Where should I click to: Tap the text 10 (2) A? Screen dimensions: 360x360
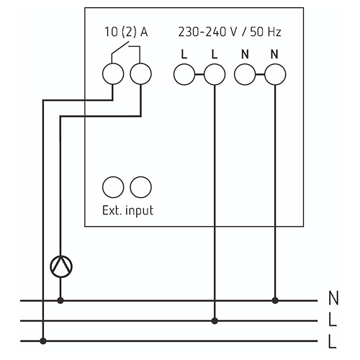pyautogui.click(x=126, y=32)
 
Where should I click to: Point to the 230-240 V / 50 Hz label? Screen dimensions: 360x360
pyautogui.click(x=230, y=32)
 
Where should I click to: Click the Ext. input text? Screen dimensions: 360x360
pyautogui.click(x=127, y=211)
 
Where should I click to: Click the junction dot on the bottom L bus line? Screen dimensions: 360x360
pyautogui.click(x=43, y=341)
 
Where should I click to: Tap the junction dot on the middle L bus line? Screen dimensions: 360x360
pyautogui.click(x=215, y=320)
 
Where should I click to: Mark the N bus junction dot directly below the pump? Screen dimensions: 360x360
pyautogui.click(x=60, y=300)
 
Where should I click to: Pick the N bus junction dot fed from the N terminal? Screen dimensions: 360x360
pyautogui.click(x=275, y=300)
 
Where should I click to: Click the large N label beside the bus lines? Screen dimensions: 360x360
pyautogui.click(x=333, y=298)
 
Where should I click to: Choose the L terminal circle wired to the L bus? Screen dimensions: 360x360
pyautogui.click(x=215, y=74)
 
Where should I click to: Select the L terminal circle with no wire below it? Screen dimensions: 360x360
pyautogui.click(x=184, y=74)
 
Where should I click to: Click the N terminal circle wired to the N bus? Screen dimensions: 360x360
pyautogui.click(x=275, y=74)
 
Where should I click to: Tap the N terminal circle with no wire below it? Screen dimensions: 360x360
pyautogui.click(x=245, y=74)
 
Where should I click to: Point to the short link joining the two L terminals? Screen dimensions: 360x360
pyautogui.click(x=199, y=75)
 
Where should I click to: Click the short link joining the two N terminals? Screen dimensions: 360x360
pyautogui.click(x=260, y=75)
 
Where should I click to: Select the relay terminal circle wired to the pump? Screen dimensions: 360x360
pyautogui.click(x=140, y=74)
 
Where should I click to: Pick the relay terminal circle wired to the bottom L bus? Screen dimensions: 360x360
pyautogui.click(x=113, y=74)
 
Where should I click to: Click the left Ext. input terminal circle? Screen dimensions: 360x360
pyautogui.click(x=113, y=187)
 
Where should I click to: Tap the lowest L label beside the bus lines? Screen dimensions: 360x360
pyautogui.click(x=332, y=341)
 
